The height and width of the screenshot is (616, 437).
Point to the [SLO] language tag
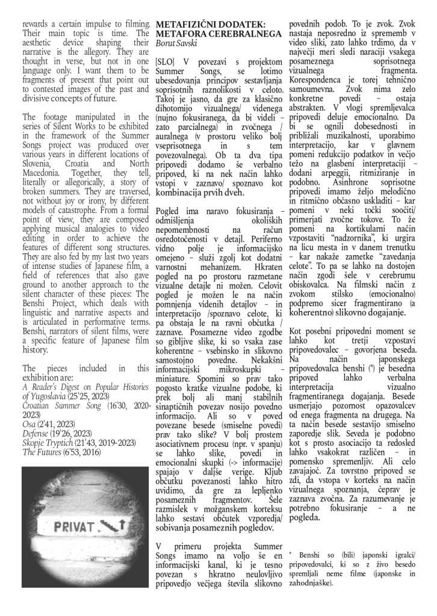(x=165, y=62)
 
